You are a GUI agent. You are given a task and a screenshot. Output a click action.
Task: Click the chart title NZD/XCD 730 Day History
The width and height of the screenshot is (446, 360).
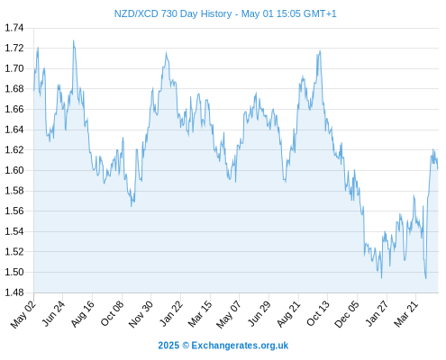[173, 13]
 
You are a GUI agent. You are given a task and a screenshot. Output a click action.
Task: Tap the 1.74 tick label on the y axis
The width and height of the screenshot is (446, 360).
[14, 28]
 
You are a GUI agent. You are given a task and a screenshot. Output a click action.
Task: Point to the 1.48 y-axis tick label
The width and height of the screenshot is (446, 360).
[14, 292]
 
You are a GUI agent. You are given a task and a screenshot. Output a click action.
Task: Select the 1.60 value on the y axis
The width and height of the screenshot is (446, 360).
[14, 170]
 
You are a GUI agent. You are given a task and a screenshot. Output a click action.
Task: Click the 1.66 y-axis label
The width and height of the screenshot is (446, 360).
[14, 109]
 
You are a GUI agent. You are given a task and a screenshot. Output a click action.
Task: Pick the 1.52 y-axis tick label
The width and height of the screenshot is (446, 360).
[14, 252]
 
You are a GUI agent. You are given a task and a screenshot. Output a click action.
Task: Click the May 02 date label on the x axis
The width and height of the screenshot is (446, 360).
[23, 314]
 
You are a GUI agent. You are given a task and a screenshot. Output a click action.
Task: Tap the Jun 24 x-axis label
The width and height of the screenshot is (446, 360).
[53, 313]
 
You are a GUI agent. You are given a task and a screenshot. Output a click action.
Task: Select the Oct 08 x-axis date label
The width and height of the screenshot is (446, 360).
[112, 313]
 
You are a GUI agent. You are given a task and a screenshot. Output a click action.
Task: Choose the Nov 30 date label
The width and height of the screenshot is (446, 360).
[141, 314]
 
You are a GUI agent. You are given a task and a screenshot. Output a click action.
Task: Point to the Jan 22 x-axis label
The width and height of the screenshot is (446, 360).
[171, 313]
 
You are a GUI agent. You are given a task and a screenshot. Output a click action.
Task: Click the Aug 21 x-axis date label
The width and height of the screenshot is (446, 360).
[288, 313]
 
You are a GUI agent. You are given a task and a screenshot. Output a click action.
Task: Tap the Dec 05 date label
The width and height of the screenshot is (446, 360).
[347, 314]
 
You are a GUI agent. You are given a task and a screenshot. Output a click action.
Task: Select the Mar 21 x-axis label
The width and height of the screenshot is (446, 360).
[406, 313]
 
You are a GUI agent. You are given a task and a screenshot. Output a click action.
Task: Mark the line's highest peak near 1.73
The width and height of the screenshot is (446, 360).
[73, 40]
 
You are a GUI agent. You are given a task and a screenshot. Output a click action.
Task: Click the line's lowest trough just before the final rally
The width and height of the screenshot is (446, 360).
[425, 279]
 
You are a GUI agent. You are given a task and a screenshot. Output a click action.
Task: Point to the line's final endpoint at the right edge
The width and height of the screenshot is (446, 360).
[438, 168]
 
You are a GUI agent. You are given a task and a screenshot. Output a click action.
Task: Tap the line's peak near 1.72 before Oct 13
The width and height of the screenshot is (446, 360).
[320, 50]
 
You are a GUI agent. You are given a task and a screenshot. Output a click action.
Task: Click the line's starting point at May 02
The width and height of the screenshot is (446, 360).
[34, 90]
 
